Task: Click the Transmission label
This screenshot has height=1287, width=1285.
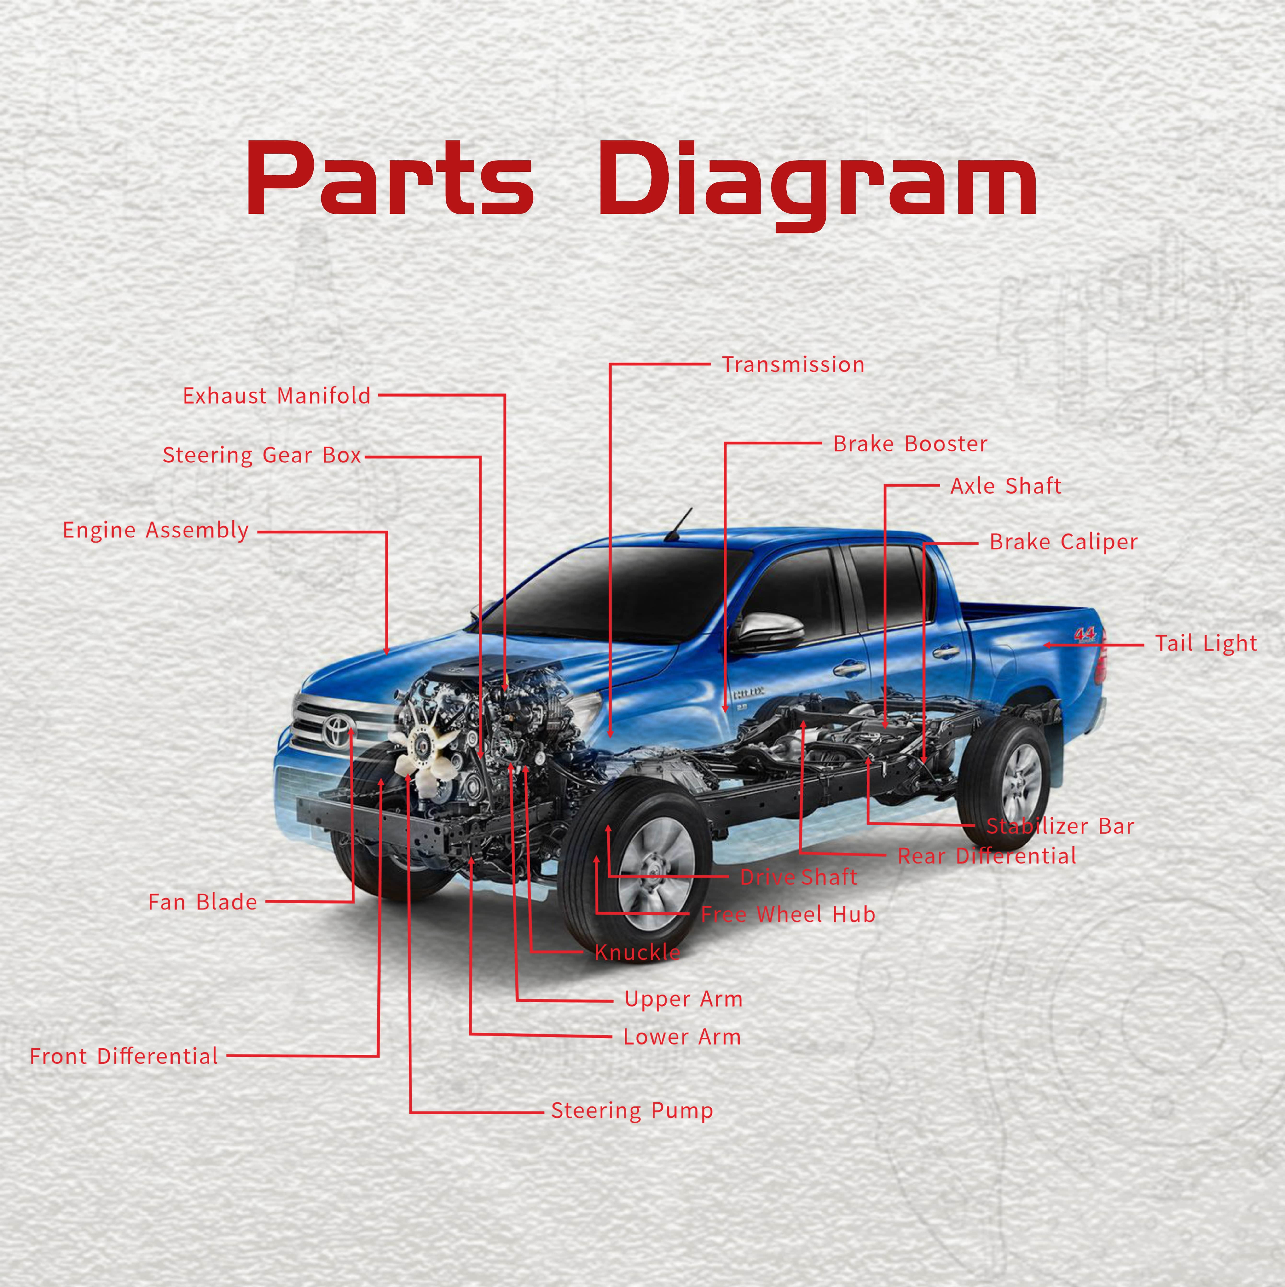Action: click(x=793, y=365)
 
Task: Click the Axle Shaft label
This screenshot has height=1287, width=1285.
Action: click(x=1005, y=486)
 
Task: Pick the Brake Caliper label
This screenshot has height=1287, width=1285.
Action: click(x=1063, y=542)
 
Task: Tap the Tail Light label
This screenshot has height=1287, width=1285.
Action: click(x=1206, y=644)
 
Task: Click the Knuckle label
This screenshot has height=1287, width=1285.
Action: click(x=637, y=952)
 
